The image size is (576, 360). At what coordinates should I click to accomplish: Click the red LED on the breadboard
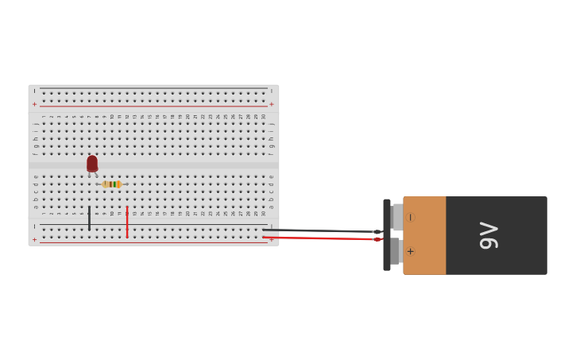pos(92,163)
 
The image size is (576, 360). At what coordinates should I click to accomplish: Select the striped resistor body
pos(111,184)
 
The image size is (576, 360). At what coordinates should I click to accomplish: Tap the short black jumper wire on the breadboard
pos(89,218)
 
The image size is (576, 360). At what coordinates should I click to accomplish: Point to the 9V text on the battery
pos(489,235)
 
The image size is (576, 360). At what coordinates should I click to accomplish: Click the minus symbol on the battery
pos(410,218)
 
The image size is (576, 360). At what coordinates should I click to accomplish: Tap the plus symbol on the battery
pos(410,252)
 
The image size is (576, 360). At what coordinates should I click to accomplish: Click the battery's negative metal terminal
pos(397,217)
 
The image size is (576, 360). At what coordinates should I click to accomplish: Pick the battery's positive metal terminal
pos(396,251)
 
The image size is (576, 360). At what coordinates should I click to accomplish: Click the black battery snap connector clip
pos(387,235)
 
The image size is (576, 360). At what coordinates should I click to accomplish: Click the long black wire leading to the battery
pos(318,230)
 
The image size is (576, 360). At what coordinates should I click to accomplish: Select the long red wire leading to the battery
pos(318,238)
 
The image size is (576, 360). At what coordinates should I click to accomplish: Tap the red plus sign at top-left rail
pos(34,104)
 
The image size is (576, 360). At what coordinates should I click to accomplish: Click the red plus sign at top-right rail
pos(271,104)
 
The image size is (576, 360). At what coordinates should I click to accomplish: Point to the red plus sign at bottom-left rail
pos(34,238)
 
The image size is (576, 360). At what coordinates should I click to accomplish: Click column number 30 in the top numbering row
pos(264,117)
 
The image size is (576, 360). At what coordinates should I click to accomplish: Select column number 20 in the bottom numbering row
pos(188,213)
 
